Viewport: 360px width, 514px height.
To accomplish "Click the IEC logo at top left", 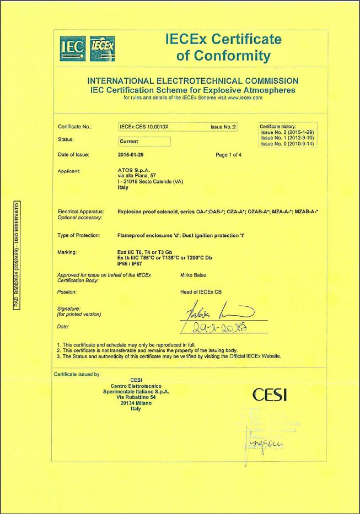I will tap(73, 48).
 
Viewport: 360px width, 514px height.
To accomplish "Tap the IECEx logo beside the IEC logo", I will tap(101, 48).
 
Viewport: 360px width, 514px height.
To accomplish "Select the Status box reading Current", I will tap(144, 142).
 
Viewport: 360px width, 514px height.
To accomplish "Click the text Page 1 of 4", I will tap(228, 155).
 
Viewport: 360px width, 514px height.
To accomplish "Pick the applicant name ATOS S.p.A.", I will tap(133, 171).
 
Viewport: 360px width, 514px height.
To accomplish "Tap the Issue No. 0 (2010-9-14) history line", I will tap(287, 144).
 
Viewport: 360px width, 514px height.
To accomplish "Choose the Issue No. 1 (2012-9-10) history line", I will tap(287, 138).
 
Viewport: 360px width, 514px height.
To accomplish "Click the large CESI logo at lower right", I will tap(270, 394).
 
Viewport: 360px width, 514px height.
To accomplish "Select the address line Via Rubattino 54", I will tap(136, 397).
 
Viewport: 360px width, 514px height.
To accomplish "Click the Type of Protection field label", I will tap(79, 235).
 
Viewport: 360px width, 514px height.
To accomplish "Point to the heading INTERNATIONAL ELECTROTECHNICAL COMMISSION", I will tap(193, 81).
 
